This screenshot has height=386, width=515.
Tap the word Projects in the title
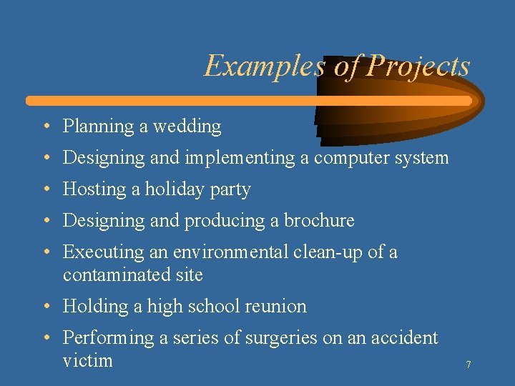(418, 66)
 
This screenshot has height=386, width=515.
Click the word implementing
(240, 158)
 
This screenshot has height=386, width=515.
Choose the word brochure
(319, 221)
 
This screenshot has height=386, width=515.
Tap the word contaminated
(117, 275)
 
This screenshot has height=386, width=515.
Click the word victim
(87, 360)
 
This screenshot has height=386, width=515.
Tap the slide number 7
(469, 365)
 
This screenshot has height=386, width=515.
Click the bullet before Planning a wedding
(45, 127)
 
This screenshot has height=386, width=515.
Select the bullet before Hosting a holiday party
(45, 190)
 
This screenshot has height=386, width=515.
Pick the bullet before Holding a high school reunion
(45, 307)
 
